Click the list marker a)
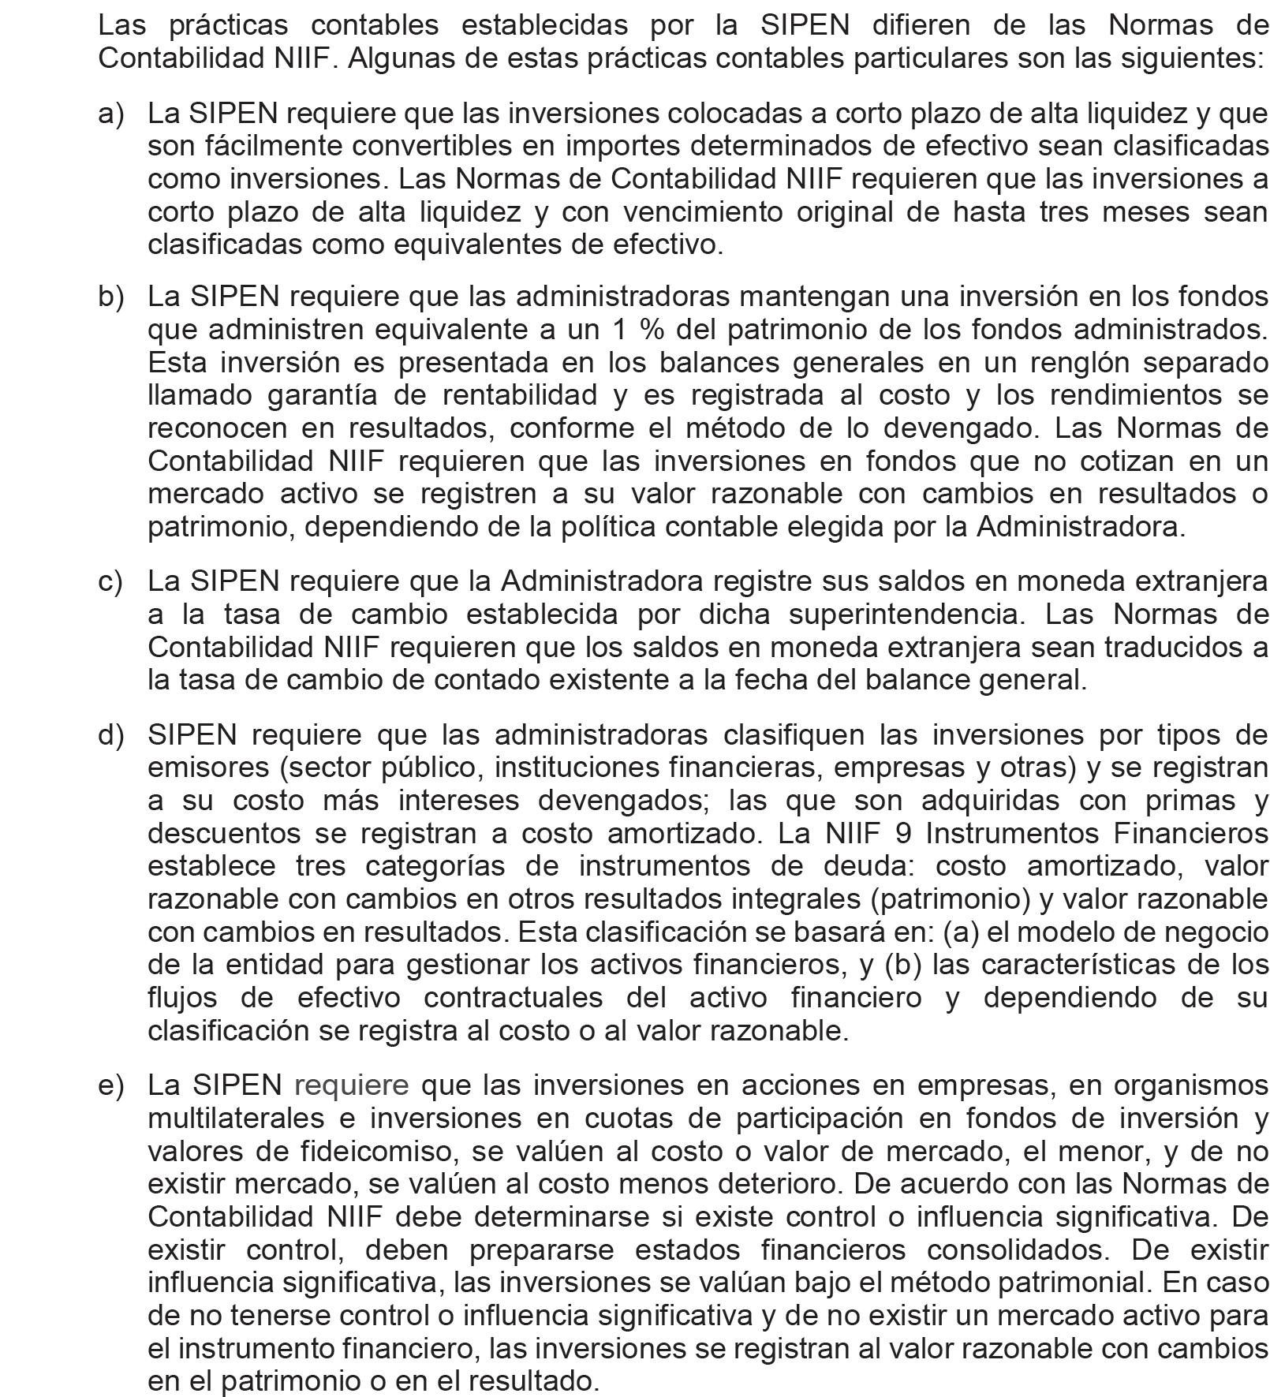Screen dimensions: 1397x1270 pos(111,114)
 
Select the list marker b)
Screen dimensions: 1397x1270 pos(111,297)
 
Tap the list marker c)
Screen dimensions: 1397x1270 pos(111,581)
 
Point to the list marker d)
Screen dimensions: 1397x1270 pos(111,734)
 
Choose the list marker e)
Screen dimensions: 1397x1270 pos(111,1085)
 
